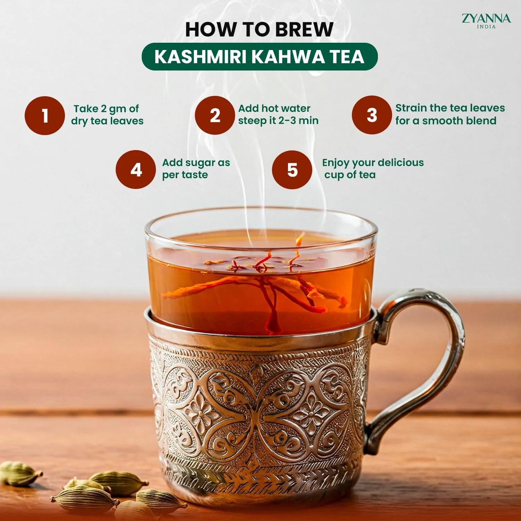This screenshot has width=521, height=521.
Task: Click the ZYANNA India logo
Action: click(486, 20)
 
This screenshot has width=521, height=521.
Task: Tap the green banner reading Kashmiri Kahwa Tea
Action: click(259, 57)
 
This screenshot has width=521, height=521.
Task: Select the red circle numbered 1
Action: click(45, 116)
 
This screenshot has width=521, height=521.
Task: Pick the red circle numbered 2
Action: click(215, 115)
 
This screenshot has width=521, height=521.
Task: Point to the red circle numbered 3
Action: click(372, 115)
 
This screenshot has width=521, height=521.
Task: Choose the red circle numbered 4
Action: click(136, 169)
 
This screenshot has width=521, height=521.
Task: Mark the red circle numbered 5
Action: click(292, 169)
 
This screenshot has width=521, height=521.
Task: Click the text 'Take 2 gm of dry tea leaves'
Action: click(107, 115)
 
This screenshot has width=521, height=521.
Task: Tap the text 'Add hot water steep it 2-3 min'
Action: click(278, 114)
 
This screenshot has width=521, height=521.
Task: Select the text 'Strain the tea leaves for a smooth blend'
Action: click(449, 114)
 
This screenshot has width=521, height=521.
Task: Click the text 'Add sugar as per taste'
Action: click(196, 168)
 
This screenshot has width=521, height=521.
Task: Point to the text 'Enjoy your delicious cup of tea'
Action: click(372, 168)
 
